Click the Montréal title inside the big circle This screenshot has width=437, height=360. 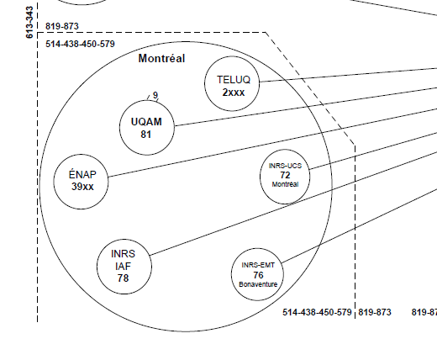(x=161, y=58)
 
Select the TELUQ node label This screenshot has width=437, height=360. (x=234, y=80)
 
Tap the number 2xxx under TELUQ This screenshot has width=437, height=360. (x=234, y=93)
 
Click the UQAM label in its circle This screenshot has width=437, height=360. (x=146, y=122)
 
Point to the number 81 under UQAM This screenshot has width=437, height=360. (x=146, y=135)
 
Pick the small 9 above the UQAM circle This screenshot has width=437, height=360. (x=155, y=95)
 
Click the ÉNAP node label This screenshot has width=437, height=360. (x=82, y=174)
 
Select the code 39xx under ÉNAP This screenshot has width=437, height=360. (x=82, y=187)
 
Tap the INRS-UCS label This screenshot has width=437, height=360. (x=285, y=166)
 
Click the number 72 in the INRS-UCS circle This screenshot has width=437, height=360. (x=285, y=175)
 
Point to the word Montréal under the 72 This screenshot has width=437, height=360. (x=285, y=184)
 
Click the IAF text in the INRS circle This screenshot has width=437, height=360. (x=123, y=266)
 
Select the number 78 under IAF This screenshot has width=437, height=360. (x=123, y=278)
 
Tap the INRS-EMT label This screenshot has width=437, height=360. (x=258, y=265)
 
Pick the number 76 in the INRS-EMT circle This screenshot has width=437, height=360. (x=258, y=275)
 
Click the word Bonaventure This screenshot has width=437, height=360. (x=258, y=284)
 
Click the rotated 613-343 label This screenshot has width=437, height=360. (x=29, y=23)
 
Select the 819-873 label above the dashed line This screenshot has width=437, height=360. (x=62, y=26)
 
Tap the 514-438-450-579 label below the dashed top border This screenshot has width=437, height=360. (x=80, y=44)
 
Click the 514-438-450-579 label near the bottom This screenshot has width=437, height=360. (x=317, y=312)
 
